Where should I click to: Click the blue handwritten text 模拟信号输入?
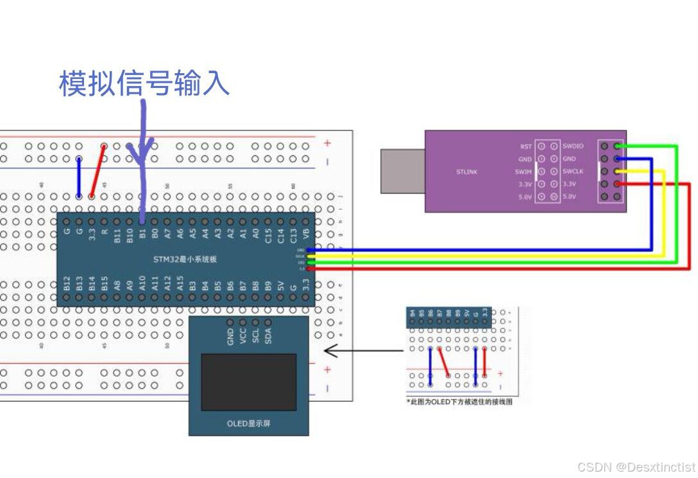coord(144,83)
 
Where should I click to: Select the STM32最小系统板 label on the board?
coord(185,259)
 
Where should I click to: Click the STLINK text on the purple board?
coord(466,171)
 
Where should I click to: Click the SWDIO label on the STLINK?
coord(573,146)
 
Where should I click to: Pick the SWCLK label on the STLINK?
coord(573,171)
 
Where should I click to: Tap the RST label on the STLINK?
coord(525,146)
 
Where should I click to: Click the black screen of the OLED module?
coord(248,381)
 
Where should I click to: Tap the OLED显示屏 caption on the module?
coord(248,423)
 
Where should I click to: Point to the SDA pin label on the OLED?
coord(268,336)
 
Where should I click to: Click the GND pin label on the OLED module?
coord(230,336)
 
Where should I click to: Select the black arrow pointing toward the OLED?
coord(362,350)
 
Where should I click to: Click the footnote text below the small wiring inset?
coord(459,402)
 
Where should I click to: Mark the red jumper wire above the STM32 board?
coord(98,171)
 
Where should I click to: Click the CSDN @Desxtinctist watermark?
coord(636,467)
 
